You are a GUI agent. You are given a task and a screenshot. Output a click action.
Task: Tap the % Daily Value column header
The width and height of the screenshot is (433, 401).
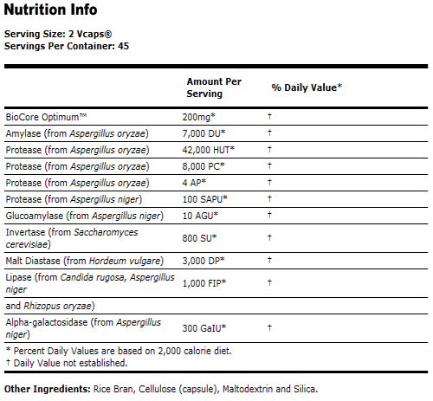[x=307, y=87]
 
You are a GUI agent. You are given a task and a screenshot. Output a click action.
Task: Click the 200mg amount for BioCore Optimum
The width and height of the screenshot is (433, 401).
[x=199, y=116]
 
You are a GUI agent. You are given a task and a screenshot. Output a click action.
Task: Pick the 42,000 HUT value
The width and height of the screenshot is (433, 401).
[x=210, y=149]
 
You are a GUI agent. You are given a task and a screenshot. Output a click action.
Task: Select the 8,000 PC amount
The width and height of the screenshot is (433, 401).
[x=204, y=165]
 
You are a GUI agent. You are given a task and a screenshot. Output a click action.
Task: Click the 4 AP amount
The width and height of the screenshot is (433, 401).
[x=197, y=182]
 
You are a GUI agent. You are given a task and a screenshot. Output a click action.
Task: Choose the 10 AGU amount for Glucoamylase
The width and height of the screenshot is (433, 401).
[x=200, y=215]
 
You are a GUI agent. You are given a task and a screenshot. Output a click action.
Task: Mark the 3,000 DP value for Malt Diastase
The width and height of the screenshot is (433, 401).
[x=204, y=260]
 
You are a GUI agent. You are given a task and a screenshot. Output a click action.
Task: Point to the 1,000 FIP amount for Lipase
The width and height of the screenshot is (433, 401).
[x=205, y=282]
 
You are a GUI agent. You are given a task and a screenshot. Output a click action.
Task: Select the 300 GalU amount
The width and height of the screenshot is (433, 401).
[x=204, y=327]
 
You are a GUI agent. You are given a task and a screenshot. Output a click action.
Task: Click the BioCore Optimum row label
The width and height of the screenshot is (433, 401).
[x=47, y=116]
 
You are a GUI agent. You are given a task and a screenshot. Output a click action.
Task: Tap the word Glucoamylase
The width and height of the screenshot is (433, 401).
[x=34, y=215]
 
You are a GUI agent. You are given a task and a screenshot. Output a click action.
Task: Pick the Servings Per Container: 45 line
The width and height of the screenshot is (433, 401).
[x=61, y=45]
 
